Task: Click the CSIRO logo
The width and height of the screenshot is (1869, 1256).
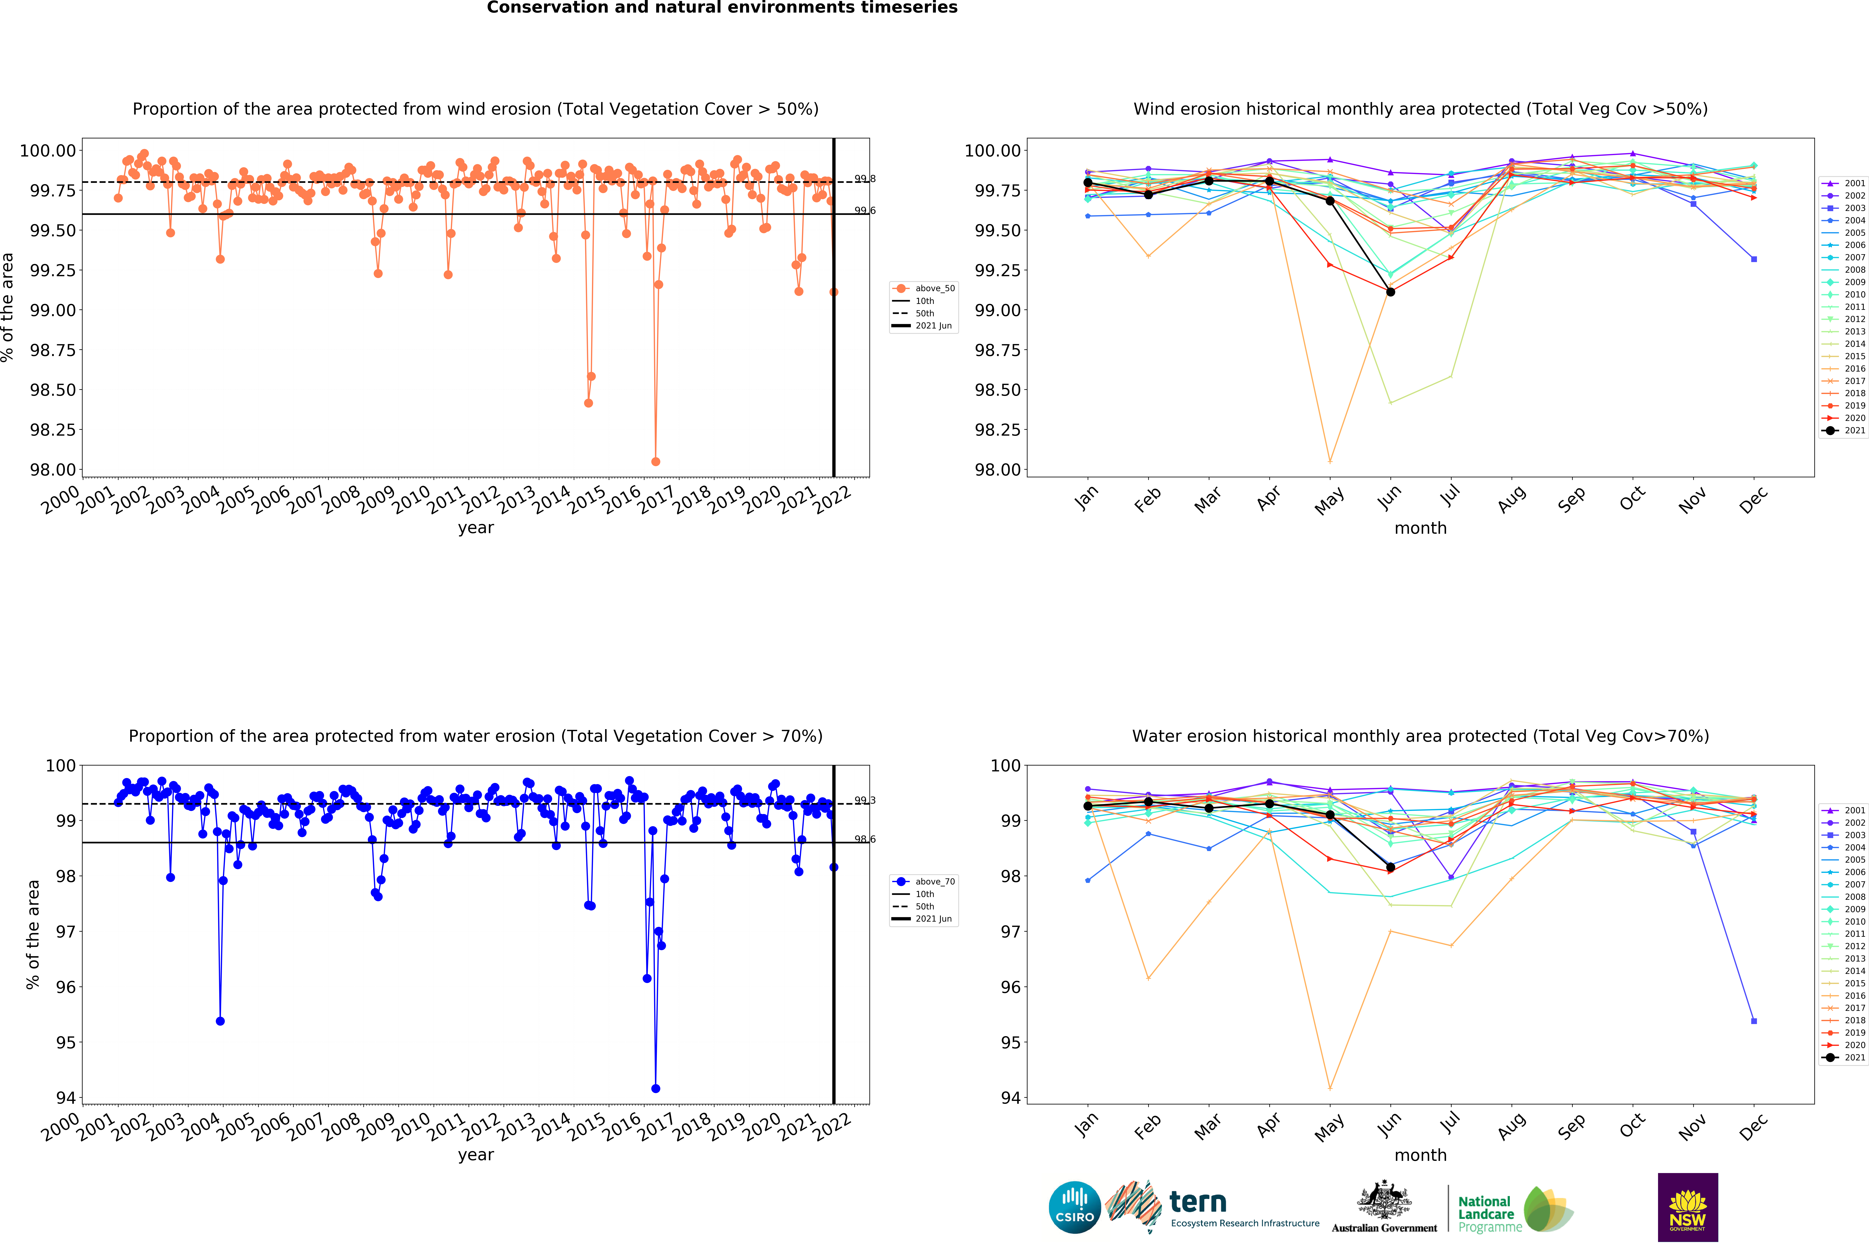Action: (1074, 1207)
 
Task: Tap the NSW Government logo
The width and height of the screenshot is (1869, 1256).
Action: (1687, 1207)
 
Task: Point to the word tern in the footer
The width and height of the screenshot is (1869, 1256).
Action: (1198, 1202)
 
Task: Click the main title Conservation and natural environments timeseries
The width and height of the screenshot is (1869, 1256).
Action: (722, 8)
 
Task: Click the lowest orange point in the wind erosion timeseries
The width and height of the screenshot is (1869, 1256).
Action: (655, 461)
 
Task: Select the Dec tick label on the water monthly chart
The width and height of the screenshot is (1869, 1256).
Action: (1753, 1127)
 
